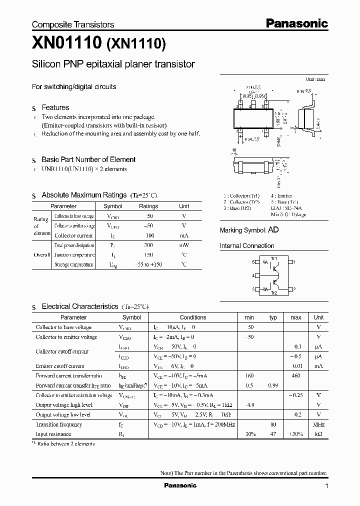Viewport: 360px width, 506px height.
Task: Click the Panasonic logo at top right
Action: tap(296, 23)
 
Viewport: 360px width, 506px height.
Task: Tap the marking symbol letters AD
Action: tap(273, 230)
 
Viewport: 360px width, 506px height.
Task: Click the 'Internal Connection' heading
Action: tap(247, 246)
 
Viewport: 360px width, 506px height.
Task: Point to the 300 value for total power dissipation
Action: tap(148, 245)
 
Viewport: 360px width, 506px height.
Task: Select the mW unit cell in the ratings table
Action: tap(184, 245)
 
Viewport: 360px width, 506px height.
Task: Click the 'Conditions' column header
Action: tap(192, 317)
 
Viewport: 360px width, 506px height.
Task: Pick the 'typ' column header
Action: tap(273, 317)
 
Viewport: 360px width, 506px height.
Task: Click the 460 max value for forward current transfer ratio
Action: tap(295, 375)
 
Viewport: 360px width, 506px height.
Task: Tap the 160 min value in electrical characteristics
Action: tap(249, 375)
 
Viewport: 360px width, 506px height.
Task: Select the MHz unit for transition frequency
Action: tap(318, 424)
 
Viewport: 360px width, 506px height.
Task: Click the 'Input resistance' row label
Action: tap(53, 434)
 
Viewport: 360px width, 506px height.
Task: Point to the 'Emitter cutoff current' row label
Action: tap(60, 366)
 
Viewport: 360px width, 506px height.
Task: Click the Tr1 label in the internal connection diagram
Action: tap(273, 258)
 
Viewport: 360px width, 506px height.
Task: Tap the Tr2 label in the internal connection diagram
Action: tap(273, 293)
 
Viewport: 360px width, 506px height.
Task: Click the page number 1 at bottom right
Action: tap(326, 486)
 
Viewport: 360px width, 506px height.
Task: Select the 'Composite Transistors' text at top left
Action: tap(73, 24)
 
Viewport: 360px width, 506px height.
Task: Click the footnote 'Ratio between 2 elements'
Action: tap(66, 443)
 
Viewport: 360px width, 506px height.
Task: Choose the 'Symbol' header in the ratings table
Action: tap(112, 206)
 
